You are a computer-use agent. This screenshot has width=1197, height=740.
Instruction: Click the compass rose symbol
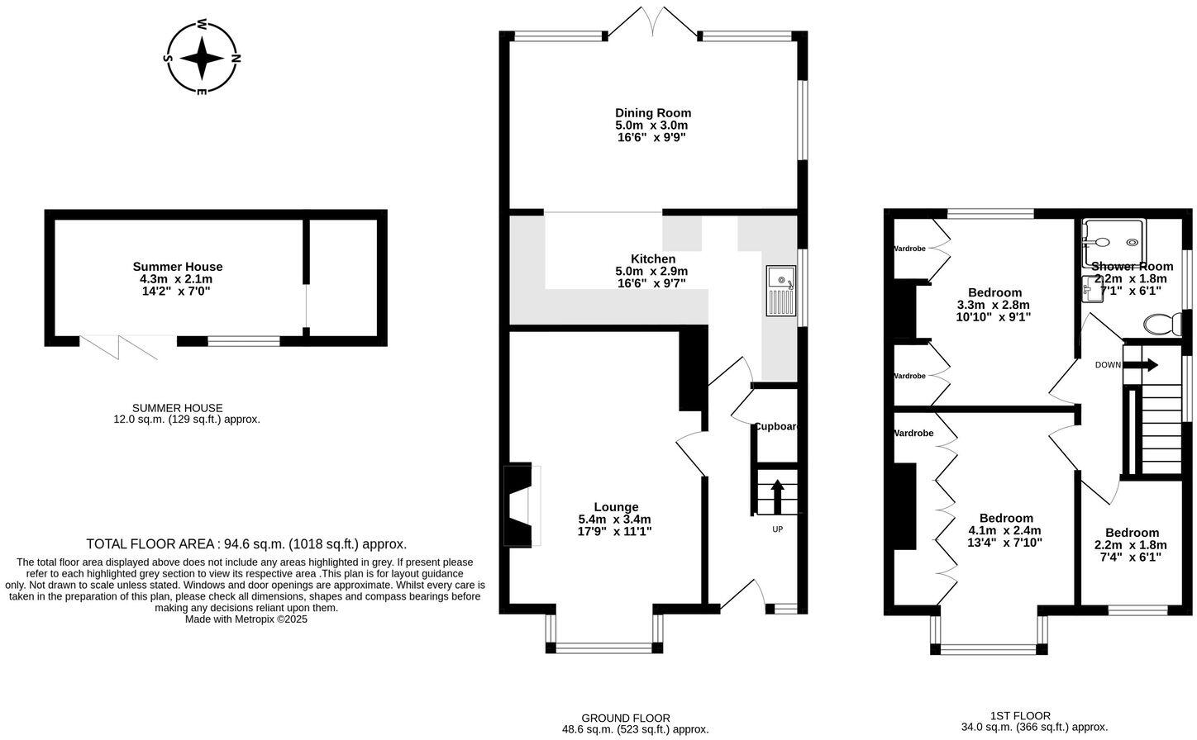click(202, 58)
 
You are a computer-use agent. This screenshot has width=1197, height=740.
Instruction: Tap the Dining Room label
click(652, 113)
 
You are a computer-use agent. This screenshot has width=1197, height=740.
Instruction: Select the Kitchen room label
click(652, 259)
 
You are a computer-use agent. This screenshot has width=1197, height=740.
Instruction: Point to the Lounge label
click(616, 507)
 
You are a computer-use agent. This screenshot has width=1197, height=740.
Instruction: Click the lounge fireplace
click(521, 505)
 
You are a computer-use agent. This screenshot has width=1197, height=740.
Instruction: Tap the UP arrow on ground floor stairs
click(777, 497)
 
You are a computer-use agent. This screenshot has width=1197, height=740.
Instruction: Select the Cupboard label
click(775, 427)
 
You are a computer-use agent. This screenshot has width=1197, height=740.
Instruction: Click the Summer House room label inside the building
click(178, 267)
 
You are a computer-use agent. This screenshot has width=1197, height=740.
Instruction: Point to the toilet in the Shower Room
click(1162, 324)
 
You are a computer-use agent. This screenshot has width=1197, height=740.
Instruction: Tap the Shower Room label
click(1132, 266)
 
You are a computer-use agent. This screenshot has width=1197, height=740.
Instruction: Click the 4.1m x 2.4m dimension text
click(1004, 531)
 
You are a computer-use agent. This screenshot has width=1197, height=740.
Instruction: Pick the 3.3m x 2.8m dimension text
click(994, 305)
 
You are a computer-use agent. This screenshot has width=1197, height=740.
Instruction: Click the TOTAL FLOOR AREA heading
click(246, 544)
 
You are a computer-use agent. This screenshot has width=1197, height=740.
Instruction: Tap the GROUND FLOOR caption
click(626, 718)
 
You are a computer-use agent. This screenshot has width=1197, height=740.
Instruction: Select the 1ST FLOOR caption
click(1020, 716)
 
